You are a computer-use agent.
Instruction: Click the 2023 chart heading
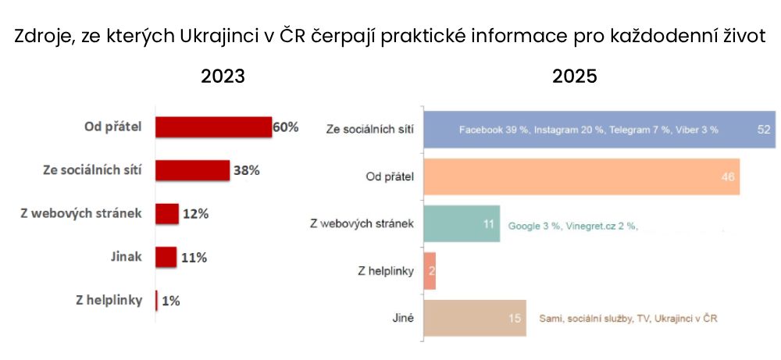coord(223,77)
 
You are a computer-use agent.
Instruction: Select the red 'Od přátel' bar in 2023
coord(213,127)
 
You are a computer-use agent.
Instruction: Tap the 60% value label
coord(286,127)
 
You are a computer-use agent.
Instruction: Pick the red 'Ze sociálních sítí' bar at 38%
coord(192,169)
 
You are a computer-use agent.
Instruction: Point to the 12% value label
coord(195,214)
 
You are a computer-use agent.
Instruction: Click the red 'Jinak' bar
coord(166,257)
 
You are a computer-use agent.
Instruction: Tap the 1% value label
coord(170,301)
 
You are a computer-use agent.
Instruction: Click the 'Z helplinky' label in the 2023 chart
coord(108,300)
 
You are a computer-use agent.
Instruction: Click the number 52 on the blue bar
coord(764,129)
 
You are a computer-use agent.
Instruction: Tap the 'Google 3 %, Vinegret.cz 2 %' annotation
coord(573,226)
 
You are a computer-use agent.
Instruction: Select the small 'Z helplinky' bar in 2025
coord(429,271)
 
